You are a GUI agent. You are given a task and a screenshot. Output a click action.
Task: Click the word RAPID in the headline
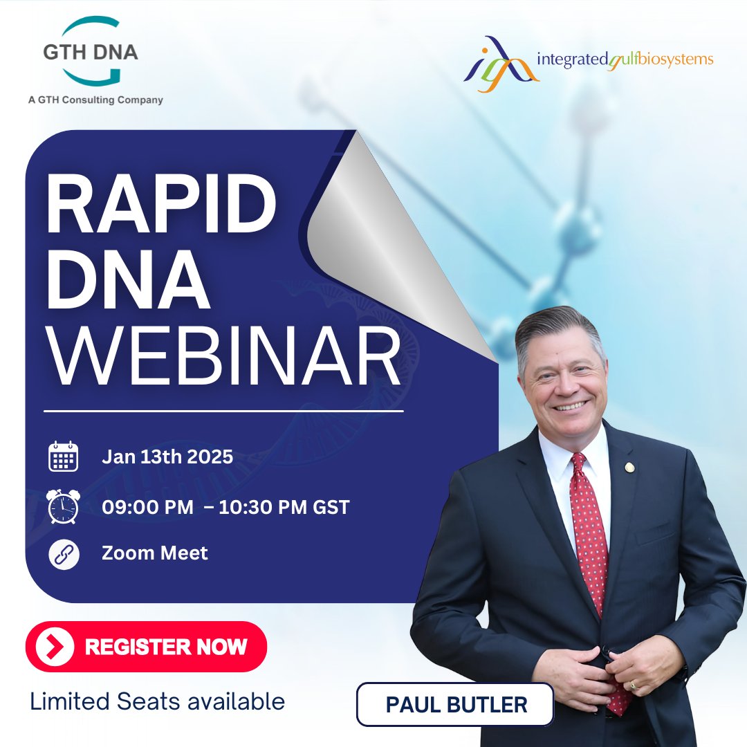coord(160,205)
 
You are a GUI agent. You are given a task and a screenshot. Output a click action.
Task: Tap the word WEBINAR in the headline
coord(223,358)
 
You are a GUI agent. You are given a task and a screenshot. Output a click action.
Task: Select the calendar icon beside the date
coord(64,457)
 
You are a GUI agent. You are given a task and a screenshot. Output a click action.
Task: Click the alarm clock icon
coord(62,507)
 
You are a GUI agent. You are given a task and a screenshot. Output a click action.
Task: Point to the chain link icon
coord(64,554)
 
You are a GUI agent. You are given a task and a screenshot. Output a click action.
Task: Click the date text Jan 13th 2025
coord(167,456)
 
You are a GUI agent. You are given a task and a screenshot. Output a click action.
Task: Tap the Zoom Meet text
coord(154,553)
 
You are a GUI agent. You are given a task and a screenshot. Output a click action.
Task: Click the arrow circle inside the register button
coord(58,647)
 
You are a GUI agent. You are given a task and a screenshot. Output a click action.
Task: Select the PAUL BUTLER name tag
coord(456,705)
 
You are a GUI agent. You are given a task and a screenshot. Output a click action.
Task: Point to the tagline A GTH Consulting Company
coord(95,100)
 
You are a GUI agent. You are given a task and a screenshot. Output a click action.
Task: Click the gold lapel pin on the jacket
coord(629,468)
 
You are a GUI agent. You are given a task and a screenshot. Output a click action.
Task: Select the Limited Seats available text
coord(157,701)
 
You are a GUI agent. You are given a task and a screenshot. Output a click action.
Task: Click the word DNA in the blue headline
coord(129,283)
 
